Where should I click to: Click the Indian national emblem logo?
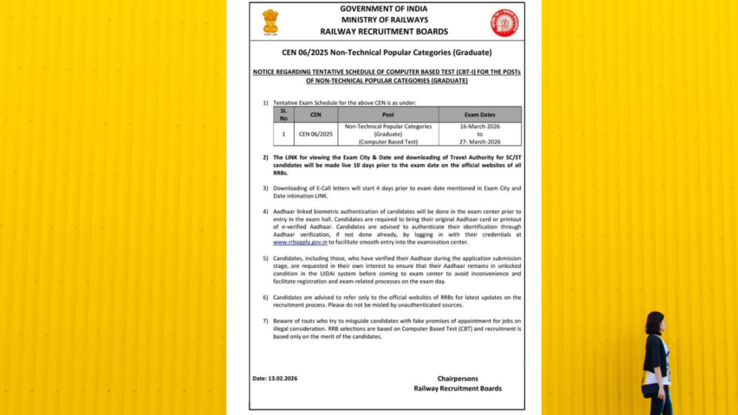point(270,21)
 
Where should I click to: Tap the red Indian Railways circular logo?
point(504,22)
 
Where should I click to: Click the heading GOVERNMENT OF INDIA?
point(384,9)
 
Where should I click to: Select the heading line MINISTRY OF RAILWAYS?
point(384,19)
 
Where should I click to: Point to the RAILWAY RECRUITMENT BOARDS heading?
point(384,32)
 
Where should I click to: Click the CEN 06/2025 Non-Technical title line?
point(387,53)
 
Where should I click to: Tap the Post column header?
point(388,115)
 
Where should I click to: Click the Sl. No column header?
point(284,115)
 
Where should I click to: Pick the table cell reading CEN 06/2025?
point(316,134)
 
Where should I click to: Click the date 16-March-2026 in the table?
point(479,126)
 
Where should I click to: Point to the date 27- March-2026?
point(479,142)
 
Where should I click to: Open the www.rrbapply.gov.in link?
point(295,244)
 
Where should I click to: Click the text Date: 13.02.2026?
point(275,378)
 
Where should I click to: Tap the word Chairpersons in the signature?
point(458,378)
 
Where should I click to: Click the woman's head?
point(654,322)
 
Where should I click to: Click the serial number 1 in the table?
point(284,134)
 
